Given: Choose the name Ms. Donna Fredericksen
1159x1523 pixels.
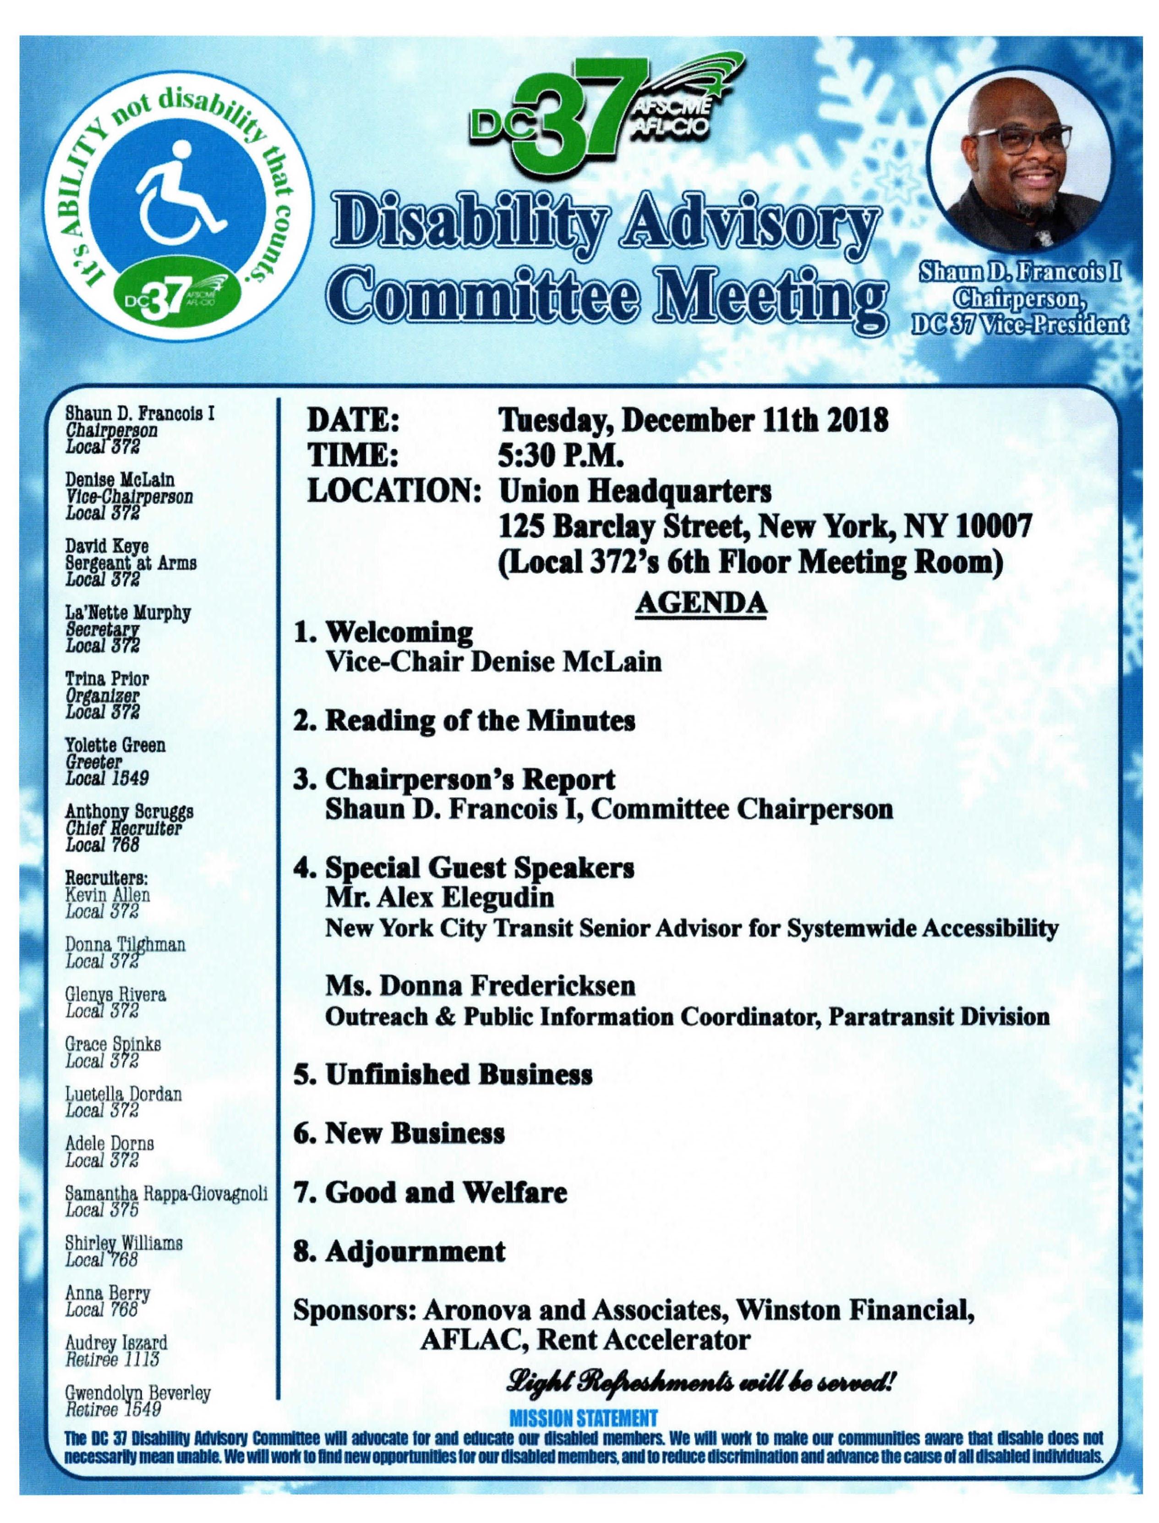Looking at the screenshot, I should pyautogui.click(x=480, y=986).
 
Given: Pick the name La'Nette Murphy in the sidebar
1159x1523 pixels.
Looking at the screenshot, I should pyautogui.click(x=128, y=613).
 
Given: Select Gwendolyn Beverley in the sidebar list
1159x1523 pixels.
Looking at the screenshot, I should pyautogui.click(x=137, y=1392).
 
